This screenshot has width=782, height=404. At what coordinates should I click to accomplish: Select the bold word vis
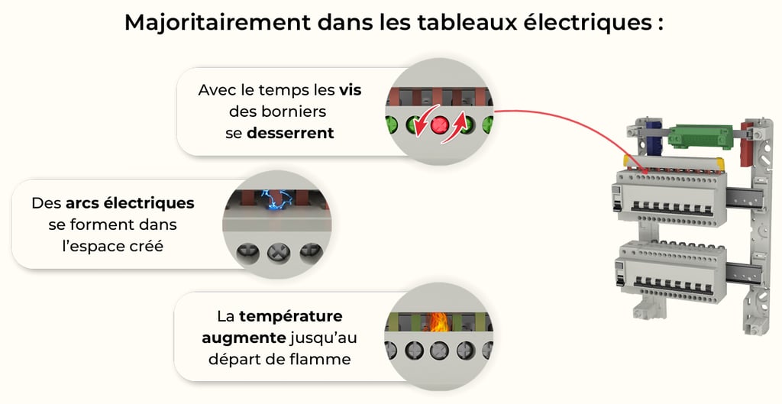click(350, 90)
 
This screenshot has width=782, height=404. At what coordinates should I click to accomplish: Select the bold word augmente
click(242, 338)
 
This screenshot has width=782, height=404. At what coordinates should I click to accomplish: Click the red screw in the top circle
click(440, 124)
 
